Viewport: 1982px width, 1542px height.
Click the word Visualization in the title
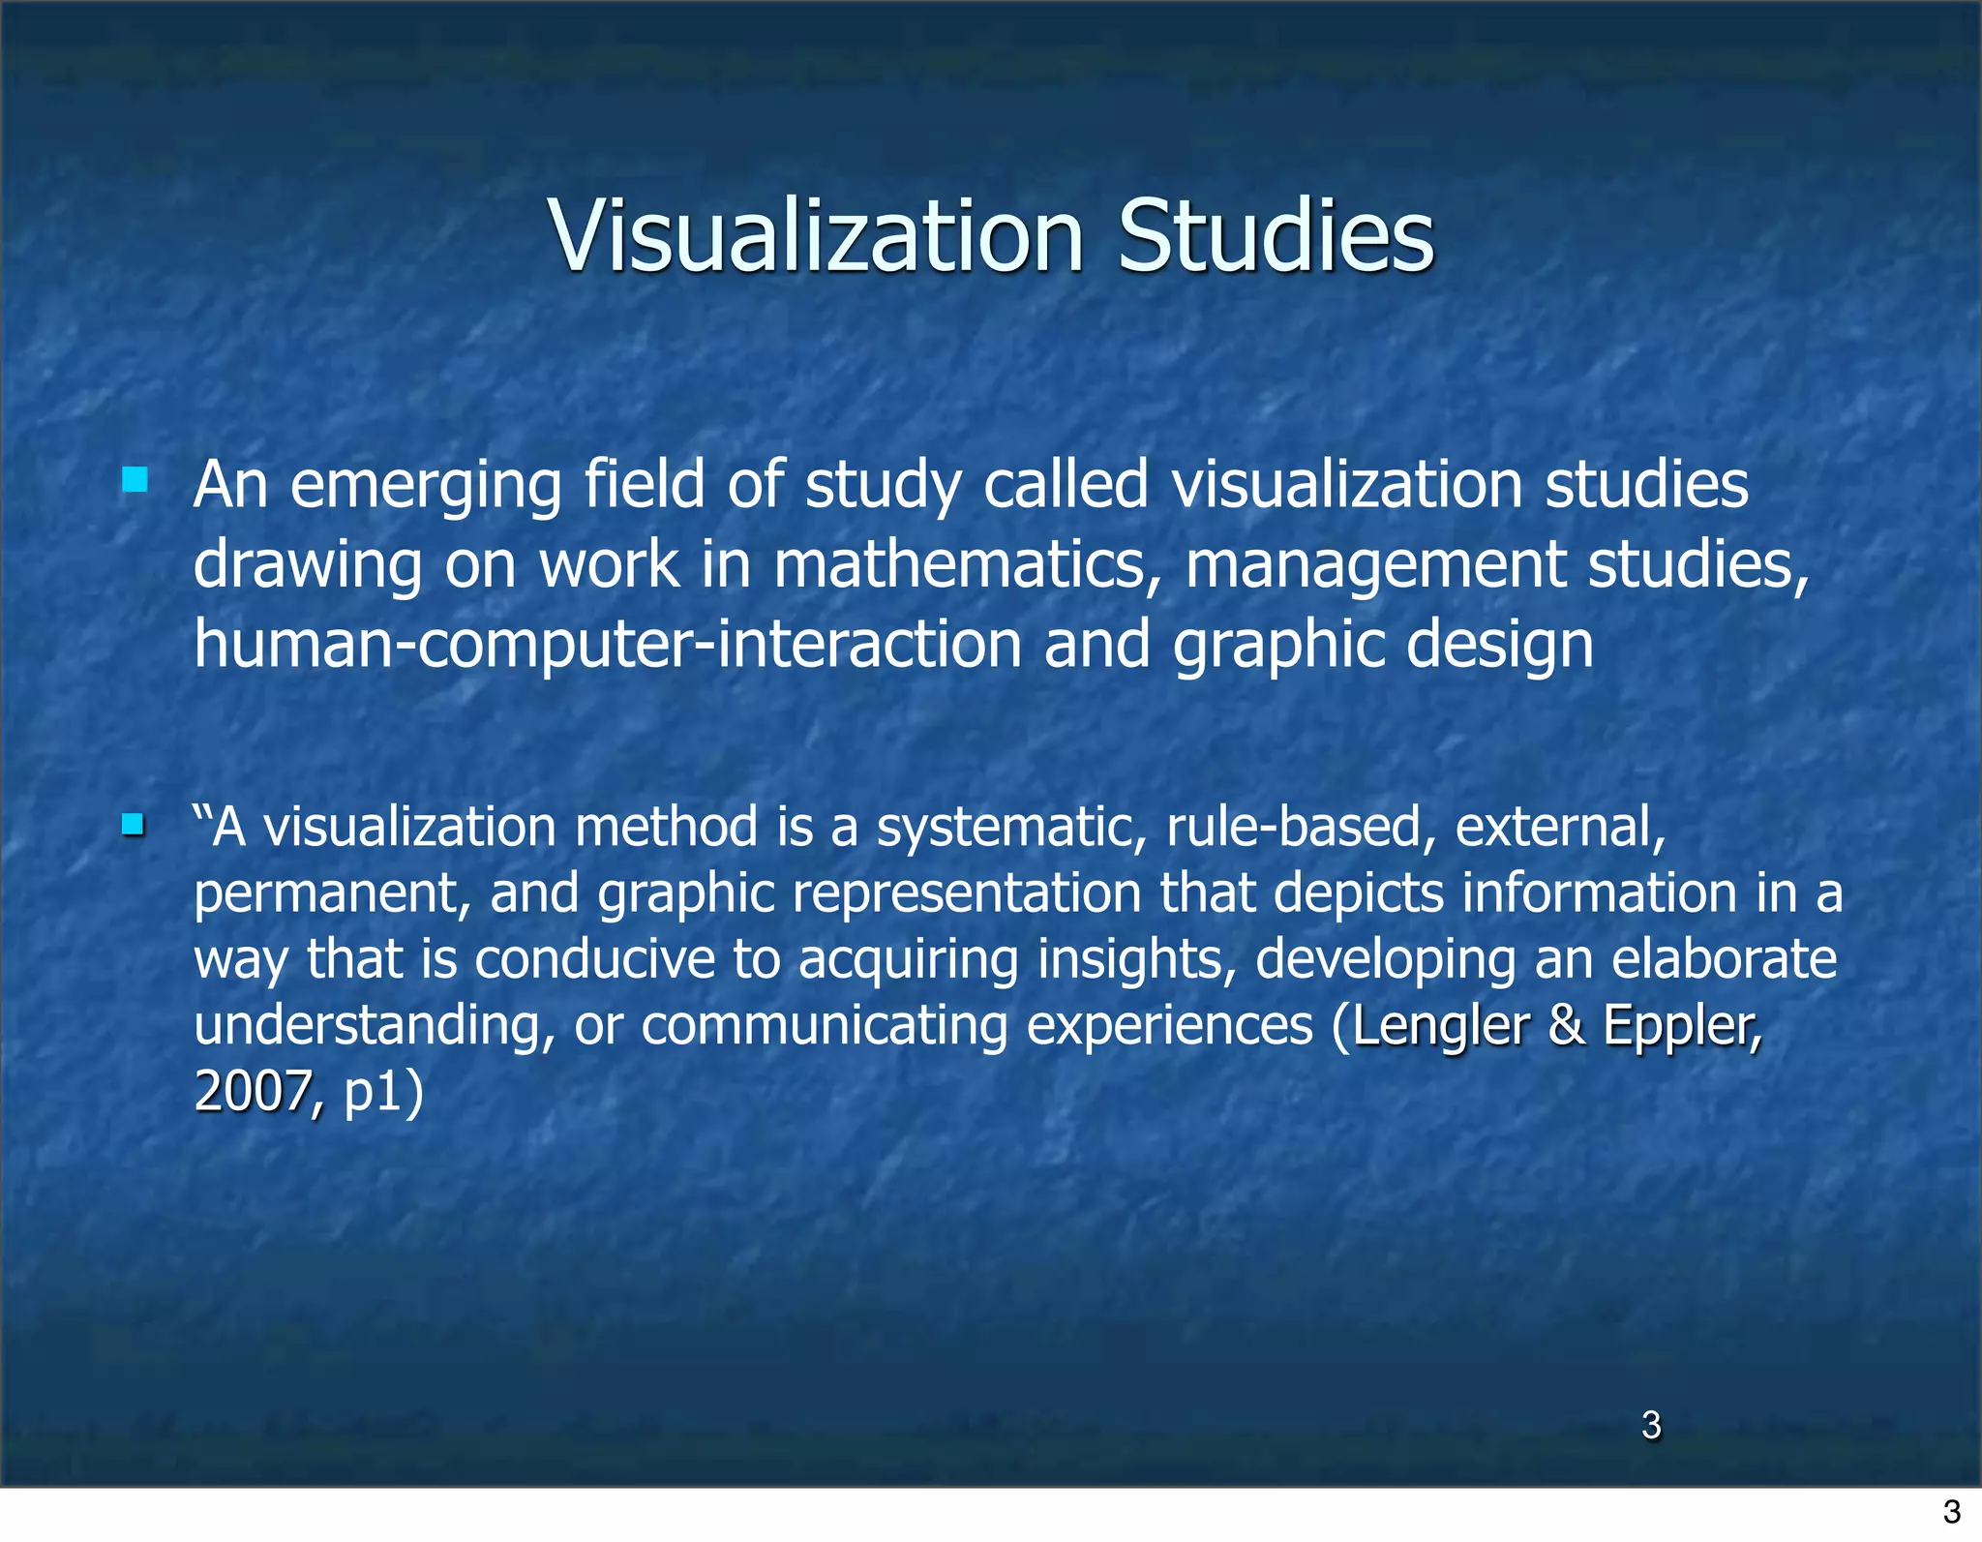pyautogui.click(x=817, y=235)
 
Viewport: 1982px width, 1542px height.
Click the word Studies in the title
pyautogui.click(x=1276, y=235)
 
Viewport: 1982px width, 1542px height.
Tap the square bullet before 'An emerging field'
pyautogui.click(x=135, y=480)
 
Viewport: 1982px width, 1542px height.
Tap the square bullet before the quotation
pyautogui.click(x=134, y=826)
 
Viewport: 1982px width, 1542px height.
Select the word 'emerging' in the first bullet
pyautogui.click(x=426, y=486)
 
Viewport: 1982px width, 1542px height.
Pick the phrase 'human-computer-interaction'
pyautogui.click(x=608, y=645)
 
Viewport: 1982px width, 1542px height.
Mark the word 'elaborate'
pyautogui.click(x=1724, y=959)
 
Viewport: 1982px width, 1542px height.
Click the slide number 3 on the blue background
pyautogui.click(x=1651, y=1425)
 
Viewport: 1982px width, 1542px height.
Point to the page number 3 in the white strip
pyautogui.click(x=1951, y=1511)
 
